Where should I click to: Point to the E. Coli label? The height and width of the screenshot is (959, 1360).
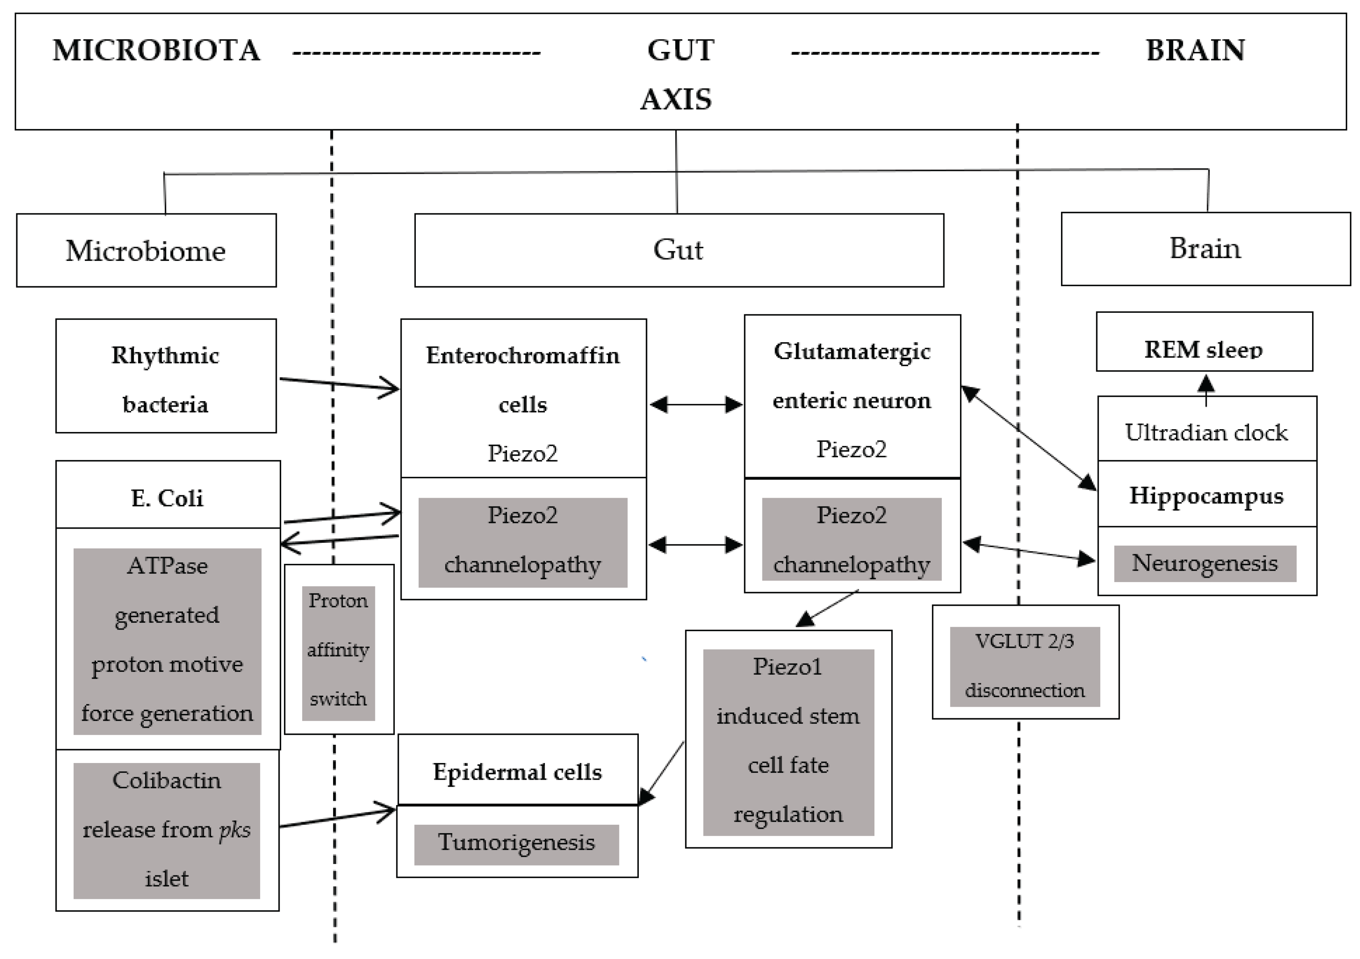(x=167, y=498)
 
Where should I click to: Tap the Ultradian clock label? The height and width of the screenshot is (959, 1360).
(x=1206, y=432)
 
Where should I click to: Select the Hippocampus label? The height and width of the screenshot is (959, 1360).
(x=1206, y=495)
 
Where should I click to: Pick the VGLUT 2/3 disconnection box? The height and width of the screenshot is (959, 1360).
(x=1024, y=666)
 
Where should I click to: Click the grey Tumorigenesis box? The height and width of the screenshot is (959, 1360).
(x=516, y=843)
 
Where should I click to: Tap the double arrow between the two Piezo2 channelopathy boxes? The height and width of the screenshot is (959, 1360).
(x=695, y=544)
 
